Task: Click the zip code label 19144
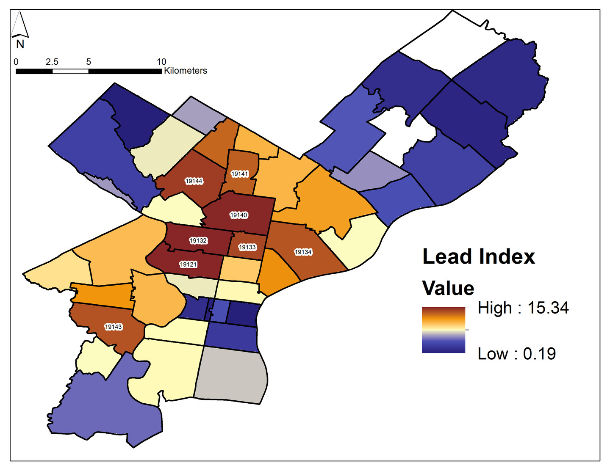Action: (194, 181)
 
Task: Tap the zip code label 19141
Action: (239, 174)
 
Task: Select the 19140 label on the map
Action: (238, 215)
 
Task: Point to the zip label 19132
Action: (198, 240)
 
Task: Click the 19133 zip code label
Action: (247, 247)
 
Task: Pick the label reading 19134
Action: (303, 252)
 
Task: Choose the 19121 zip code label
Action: (189, 264)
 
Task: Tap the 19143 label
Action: (114, 327)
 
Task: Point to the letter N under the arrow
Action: (20, 44)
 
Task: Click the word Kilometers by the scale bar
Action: (186, 71)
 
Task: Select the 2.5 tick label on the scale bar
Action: (52, 62)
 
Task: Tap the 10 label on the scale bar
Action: (161, 62)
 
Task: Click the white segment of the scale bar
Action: (70, 71)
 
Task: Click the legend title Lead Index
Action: (479, 257)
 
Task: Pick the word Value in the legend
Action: (448, 288)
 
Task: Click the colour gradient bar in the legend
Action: (444, 330)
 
